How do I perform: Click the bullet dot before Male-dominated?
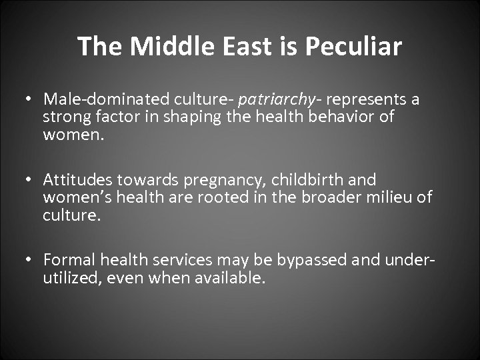pyautogui.click(x=31, y=100)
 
